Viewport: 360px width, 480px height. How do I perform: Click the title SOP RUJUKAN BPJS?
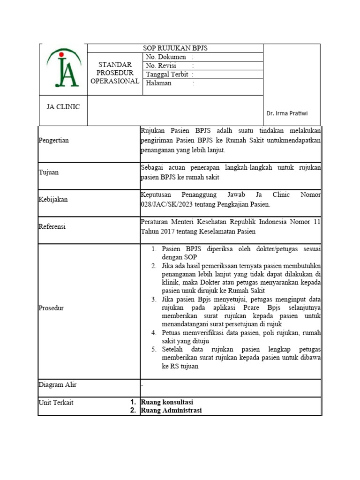point(175,48)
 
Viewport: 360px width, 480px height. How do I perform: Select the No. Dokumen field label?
point(166,57)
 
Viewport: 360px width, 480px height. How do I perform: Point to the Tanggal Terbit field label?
point(167,75)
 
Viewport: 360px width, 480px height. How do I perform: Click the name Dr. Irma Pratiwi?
point(287,113)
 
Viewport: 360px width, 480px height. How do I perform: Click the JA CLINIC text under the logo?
point(63,107)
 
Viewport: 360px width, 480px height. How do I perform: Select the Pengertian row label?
point(53,140)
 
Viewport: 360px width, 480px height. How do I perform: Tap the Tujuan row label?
point(49,172)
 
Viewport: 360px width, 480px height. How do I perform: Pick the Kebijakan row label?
point(53,200)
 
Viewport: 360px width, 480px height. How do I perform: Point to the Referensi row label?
point(52,227)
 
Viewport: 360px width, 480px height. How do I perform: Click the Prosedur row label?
point(51,308)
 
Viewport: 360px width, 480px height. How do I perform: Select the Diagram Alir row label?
point(57,385)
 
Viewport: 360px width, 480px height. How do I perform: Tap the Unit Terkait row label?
point(56,402)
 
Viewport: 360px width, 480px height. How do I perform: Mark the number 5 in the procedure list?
point(153,350)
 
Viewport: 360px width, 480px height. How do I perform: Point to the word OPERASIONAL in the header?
point(115,81)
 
